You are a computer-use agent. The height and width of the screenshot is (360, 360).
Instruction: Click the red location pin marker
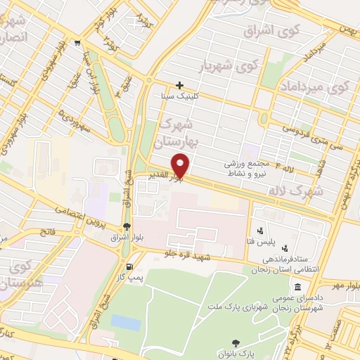coord(182,165)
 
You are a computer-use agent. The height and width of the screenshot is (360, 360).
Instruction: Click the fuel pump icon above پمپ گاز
coord(129,266)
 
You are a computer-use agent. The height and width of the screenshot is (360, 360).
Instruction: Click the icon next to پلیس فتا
coord(261,229)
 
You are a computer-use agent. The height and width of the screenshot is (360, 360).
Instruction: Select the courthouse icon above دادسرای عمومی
coord(298,288)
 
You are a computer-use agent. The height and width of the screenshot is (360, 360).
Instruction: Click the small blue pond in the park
coord(126,323)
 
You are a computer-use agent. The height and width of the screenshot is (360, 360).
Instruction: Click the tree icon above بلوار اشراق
coord(127,226)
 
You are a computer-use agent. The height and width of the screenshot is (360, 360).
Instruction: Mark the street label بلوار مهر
coord(345,285)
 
